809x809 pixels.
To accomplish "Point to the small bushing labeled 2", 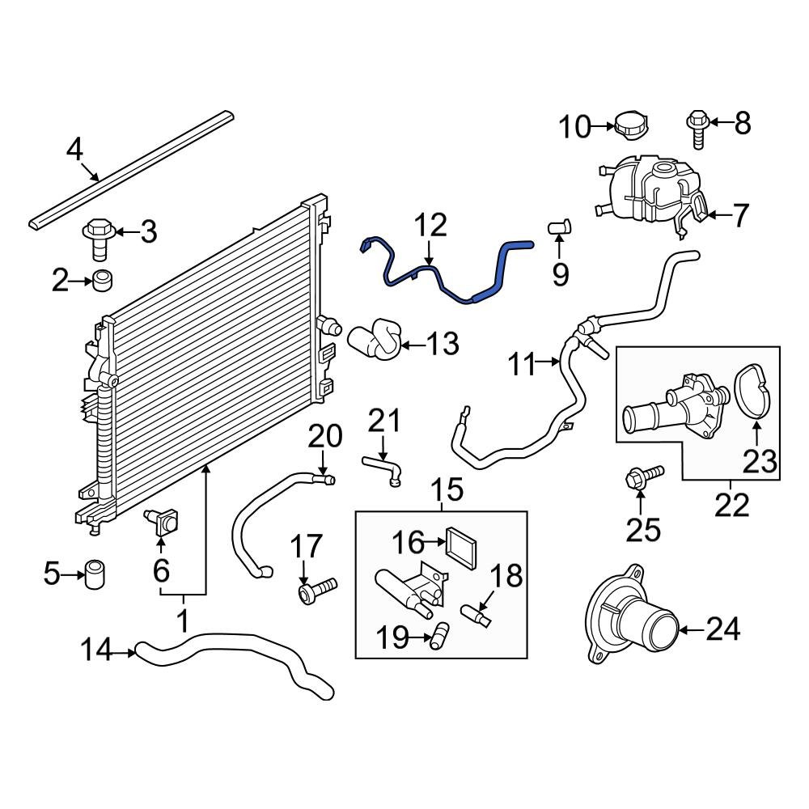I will [102, 282].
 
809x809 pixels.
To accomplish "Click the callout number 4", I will [74, 150].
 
